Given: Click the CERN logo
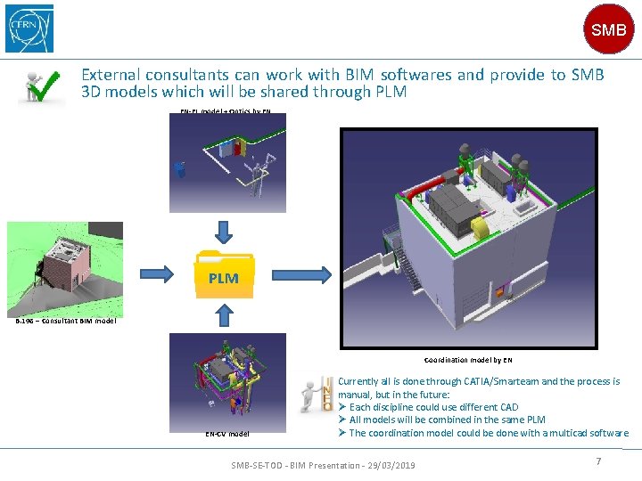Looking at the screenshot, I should (29, 28).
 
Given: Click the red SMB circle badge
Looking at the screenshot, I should (608, 29).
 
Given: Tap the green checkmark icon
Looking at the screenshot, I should (42, 86).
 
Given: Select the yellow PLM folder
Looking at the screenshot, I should (224, 276).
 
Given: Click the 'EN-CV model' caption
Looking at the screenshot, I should (227, 434).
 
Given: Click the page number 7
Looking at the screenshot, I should (598, 461).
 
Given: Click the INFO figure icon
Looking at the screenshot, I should (317, 393).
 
